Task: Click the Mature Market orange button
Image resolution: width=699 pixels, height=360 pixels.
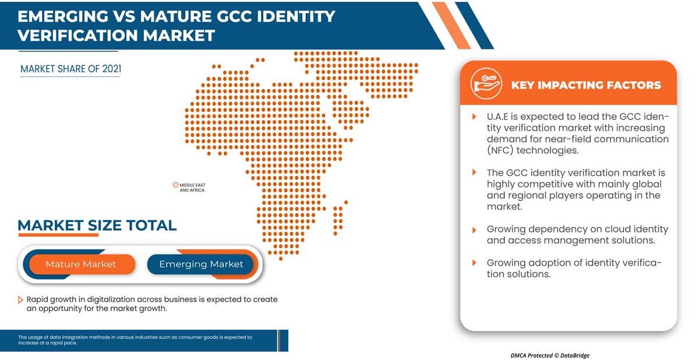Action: pyautogui.click(x=81, y=264)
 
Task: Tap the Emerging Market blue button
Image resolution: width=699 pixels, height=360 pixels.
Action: pyautogui.click(x=201, y=264)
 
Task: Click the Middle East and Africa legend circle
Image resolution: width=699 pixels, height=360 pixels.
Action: pyautogui.click(x=175, y=185)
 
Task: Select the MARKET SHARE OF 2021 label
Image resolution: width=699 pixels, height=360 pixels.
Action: pyautogui.click(x=70, y=69)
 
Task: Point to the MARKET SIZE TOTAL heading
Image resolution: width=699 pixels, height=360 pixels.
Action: pyautogui.click(x=97, y=225)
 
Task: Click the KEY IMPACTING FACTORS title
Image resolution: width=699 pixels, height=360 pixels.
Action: pyautogui.click(x=585, y=85)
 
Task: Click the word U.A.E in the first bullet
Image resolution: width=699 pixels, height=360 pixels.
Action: pyautogui.click(x=500, y=117)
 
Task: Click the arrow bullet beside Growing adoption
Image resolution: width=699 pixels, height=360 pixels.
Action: pyautogui.click(x=474, y=263)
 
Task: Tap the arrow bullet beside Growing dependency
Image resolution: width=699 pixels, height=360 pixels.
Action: pyautogui.click(x=474, y=230)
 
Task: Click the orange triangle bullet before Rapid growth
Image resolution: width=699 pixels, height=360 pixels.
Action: pyautogui.click(x=21, y=299)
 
